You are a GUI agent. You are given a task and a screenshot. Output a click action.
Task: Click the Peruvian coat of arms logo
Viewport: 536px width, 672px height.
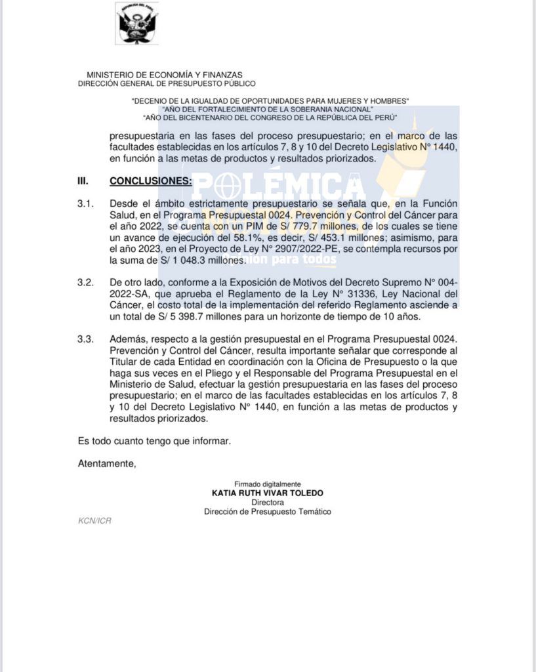(137, 24)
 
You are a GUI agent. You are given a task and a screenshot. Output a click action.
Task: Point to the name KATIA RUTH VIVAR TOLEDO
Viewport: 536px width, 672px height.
(268, 493)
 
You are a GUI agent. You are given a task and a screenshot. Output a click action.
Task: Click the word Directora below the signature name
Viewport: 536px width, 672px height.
(267, 502)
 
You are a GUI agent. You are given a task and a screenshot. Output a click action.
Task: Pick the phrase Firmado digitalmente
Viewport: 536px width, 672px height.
(268, 484)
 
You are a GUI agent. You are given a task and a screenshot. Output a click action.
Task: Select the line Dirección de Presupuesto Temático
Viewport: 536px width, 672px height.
(268, 511)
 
